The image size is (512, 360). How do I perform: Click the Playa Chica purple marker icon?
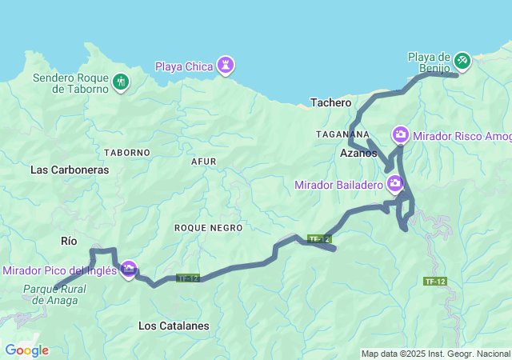(x=226, y=66)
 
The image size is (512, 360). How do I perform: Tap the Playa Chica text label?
(x=184, y=66)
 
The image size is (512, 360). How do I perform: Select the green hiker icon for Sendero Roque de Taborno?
(x=121, y=82)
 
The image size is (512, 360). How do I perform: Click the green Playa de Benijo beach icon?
(x=462, y=61)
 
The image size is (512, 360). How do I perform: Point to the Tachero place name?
(x=330, y=103)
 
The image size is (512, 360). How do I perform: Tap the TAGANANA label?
(x=343, y=134)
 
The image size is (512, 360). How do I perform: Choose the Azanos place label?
(x=358, y=153)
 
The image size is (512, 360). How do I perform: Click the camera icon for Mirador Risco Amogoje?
(x=400, y=134)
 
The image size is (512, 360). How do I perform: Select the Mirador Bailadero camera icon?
(x=394, y=185)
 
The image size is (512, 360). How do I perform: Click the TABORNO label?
(x=127, y=152)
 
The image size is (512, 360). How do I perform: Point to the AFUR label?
(x=204, y=161)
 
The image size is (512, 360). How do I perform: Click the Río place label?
(x=70, y=240)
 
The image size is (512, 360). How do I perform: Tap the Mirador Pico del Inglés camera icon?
(x=128, y=270)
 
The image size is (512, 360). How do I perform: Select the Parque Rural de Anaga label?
(x=50, y=294)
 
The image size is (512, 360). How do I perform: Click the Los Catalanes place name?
(x=174, y=326)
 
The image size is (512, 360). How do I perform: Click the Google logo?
(x=26, y=350)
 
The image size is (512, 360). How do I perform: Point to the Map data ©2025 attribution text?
(x=434, y=354)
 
